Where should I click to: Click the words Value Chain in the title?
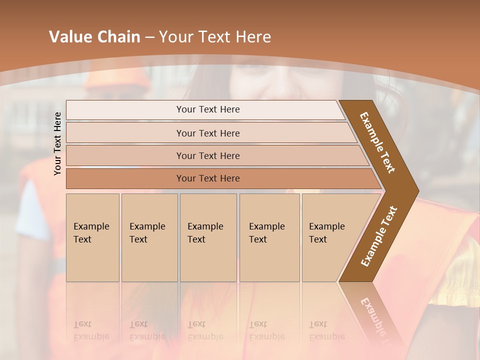(x=94, y=37)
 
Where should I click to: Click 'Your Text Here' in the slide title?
(x=215, y=37)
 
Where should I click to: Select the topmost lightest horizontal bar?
(x=208, y=109)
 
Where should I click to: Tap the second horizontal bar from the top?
(x=208, y=133)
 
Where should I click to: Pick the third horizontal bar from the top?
(x=208, y=155)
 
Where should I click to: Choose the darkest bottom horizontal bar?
(x=208, y=178)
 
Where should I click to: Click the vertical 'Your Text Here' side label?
(x=57, y=143)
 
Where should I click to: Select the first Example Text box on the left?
(x=92, y=237)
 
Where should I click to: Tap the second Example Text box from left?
(x=149, y=237)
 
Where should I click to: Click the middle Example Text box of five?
(x=208, y=237)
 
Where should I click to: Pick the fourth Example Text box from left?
(x=269, y=237)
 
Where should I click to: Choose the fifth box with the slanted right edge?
(x=330, y=237)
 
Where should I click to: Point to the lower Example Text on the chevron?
(x=379, y=236)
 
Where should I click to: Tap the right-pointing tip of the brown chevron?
(x=415, y=190)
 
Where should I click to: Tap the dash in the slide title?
(x=149, y=37)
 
